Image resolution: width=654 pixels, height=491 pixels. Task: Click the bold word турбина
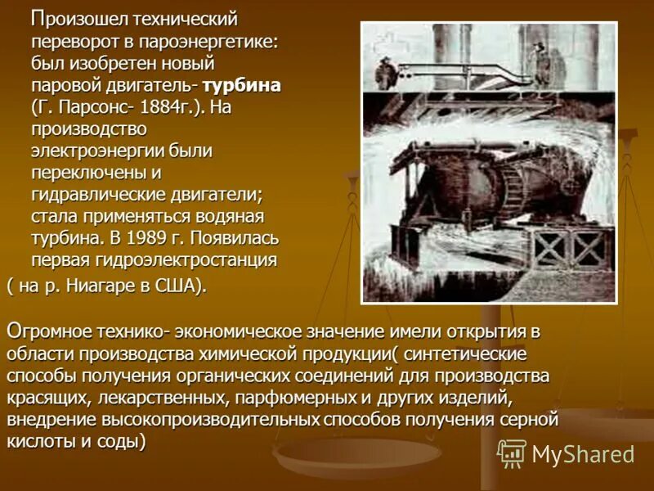click(242, 84)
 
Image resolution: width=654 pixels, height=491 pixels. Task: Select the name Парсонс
click(84, 106)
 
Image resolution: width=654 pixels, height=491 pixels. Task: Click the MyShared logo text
click(583, 454)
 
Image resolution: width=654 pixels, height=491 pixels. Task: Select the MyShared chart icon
click(512, 453)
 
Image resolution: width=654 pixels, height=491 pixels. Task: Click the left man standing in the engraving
click(382, 71)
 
